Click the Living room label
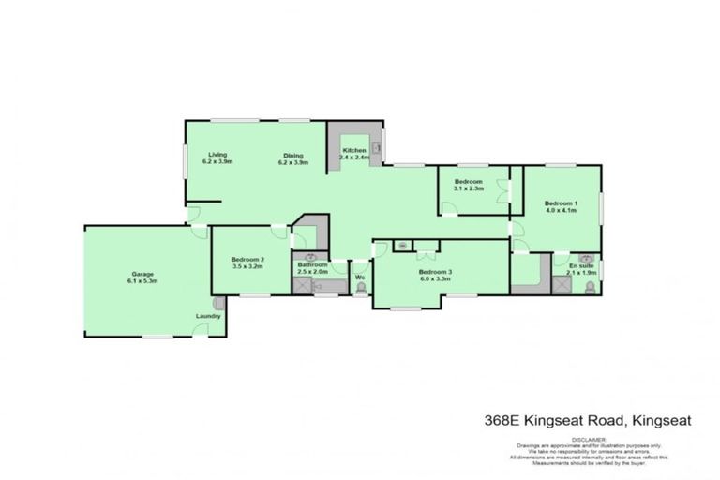pyautogui.click(x=217, y=154)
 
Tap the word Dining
pyautogui.click(x=293, y=155)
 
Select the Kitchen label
pyautogui.click(x=353, y=151)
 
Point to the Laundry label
pyautogui.click(x=209, y=316)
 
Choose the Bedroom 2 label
pyautogui.click(x=247, y=259)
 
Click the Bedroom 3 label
pyautogui.click(x=436, y=272)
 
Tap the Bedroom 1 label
pyautogui.click(x=562, y=203)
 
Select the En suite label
pyautogui.click(x=581, y=266)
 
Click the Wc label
pyautogui.click(x=360, y=277)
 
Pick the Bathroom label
pyautogui.click(x=312, y=264)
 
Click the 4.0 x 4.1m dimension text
pyautogui.click(x=562, y=211)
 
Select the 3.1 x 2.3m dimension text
pyautogui.click(x=468, y=188)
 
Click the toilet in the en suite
pyautogui.click(x=589, y=289)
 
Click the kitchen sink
pyautogui.click(x=376, y=146)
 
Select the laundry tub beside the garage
pyautogui.click(x=218, y=304)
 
